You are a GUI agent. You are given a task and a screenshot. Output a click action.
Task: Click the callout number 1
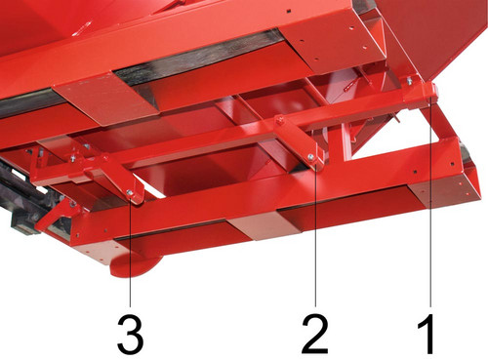point(427,334)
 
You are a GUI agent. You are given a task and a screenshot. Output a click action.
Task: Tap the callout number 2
point(315,334)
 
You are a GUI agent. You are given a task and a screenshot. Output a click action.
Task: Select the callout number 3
point(131,334)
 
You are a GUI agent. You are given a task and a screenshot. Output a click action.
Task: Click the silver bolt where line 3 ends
point(130,193)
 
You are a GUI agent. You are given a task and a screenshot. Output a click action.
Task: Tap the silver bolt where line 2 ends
point(311,158)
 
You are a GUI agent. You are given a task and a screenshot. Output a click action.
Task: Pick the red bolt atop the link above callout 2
point(279,121)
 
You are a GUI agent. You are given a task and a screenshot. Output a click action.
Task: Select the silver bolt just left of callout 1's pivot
point(410,81)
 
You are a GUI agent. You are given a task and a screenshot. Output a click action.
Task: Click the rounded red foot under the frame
point(135,264)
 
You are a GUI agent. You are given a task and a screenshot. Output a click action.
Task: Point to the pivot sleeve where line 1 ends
point(430,91)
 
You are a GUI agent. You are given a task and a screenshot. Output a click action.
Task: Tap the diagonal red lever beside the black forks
point(54,216)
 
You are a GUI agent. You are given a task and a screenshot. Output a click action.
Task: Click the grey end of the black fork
point(22,225)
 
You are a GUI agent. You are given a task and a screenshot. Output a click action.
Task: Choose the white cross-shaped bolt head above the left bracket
point(73,158)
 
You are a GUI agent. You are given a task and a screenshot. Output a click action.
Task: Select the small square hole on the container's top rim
point(289,11)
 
